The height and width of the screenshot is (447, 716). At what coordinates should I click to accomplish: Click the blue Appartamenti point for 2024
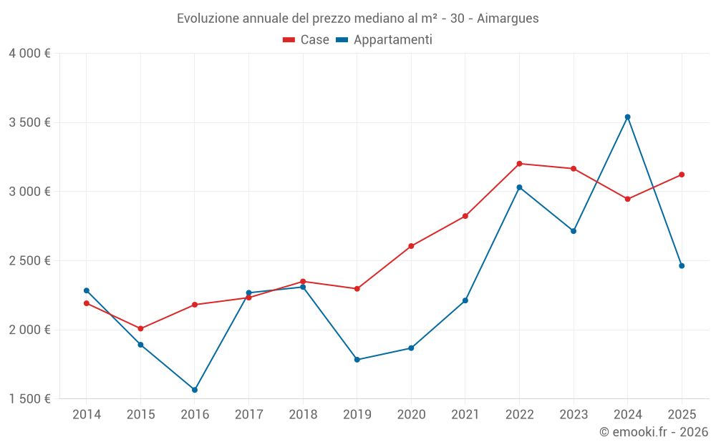pyautogui.click(x=627, y=117)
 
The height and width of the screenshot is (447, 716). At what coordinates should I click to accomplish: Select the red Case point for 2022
pyautogui.click(x=519, y=164)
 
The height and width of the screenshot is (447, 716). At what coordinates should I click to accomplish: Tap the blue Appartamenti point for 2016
pyautogui.click(x=195, y=390)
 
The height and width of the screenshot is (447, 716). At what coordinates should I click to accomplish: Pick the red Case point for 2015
pyautogui.click(x=140, y=329)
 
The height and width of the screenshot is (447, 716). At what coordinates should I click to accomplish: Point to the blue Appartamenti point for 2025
pyautogui.click(x=682, y=266)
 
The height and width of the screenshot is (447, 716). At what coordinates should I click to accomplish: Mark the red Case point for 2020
pyautogui.click(x=411, y=246)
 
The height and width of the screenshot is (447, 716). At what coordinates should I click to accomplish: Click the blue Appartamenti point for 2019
pyautogui.click(x=357, y=360)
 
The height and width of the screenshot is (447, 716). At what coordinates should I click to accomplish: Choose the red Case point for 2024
pyautogui.click(x=627, y=199)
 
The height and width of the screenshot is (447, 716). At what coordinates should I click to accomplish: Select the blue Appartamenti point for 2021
pyautogui.click(x=465, y=300)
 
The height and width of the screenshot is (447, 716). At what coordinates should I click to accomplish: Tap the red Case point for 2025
pyautogui.click(x=682, y=175)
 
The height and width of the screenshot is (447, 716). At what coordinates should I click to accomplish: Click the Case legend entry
pyautogui.click(x=306, y=40)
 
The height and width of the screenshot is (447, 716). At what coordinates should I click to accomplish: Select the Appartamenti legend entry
pyautogui.click(x=384, y=40)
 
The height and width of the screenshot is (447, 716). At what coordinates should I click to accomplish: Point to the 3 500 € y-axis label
pyautogui.click(x=29, y=122)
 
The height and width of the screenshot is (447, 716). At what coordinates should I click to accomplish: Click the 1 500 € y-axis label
pyautogui.click(x=29, y=398)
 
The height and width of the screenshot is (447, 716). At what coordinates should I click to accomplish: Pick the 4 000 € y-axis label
pyautogui.click(x=29, y=54)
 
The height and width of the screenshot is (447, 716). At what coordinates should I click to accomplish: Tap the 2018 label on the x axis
pyautogui.click(x=303, y=414)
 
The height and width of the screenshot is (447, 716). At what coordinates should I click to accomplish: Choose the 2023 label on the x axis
pyautogui.click(x=574, y=414)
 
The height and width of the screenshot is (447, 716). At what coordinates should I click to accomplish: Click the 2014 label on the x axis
pyautogui.click(x=86, y=414)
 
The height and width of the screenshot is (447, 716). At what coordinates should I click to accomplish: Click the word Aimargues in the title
pyautogui.click(x=508, y=18)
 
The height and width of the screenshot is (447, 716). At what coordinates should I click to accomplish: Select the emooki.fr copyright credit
pyautogui.click(x=654, y=432)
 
